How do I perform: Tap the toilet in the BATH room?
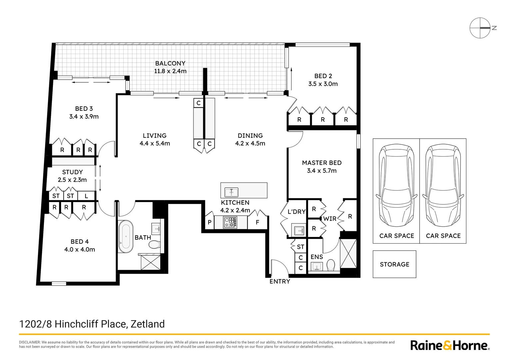(x=154, y=245)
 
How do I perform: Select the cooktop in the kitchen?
(x=230, y=222)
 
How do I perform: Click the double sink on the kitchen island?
(x=231, y=192)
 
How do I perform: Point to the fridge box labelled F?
(x=257, y=222)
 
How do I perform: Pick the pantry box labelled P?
(x=210, y=222)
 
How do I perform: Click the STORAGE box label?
(x=394, y=264)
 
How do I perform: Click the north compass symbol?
(x=480, y=28)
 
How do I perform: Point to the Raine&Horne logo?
(x=450, y=345)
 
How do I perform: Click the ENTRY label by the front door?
(x=279, y=282)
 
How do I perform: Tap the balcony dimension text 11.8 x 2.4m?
(x=170, y=71)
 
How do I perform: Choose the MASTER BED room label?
(x=322, y=163)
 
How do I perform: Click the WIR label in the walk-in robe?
(x=330, y=219)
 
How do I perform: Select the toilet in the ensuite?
(x=331, y=265)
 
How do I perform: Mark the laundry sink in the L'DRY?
(x=299, y=230)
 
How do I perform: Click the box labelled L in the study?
(x=86, y=196)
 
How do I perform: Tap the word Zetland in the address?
(x=148, y=324)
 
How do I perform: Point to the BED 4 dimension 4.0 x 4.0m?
(x=80, y=249)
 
